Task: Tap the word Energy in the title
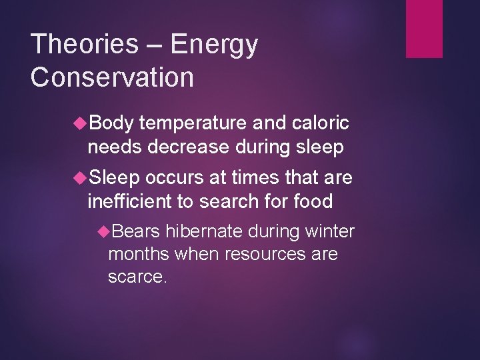coord(215,45)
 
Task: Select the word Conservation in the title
coord(112,77)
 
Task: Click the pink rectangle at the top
coord(425,29)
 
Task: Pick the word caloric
coord(319,123)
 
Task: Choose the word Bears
coord(137,232)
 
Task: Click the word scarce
coord(137,277)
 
